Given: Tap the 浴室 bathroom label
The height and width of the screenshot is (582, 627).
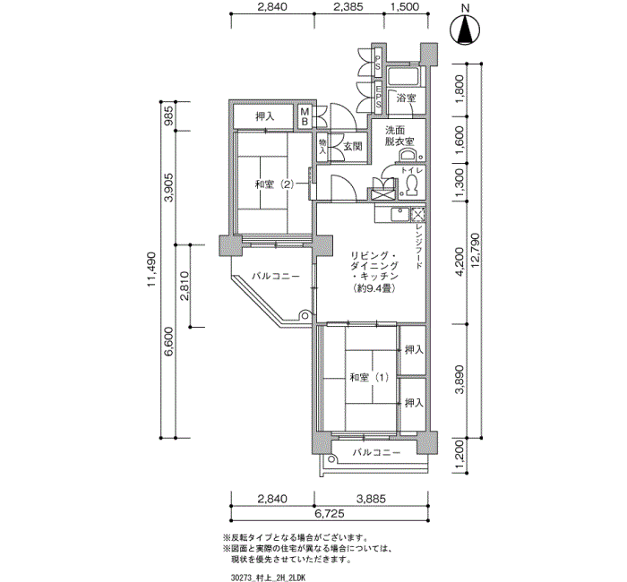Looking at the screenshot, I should click(x=406, y=98).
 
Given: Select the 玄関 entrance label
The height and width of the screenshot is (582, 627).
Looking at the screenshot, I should click(x=351, y=146).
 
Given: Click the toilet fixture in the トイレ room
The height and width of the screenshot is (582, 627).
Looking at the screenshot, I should click(x=411, y=185).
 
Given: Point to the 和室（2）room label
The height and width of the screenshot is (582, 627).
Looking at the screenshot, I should click(x=274, y=184).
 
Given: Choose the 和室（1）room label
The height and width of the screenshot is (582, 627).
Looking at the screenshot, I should click(x=369, y=377).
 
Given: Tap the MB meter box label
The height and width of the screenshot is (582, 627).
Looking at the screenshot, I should click(x=305, y=116).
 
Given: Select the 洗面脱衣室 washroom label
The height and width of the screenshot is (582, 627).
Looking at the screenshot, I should click(x=399, y=136).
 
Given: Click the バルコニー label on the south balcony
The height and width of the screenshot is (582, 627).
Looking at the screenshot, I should click(x=375, y=453).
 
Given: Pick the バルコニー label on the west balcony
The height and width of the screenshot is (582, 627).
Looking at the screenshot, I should click(x=275, y=277).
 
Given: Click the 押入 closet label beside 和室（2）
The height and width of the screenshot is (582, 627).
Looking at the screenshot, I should click(x=264, y=117).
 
